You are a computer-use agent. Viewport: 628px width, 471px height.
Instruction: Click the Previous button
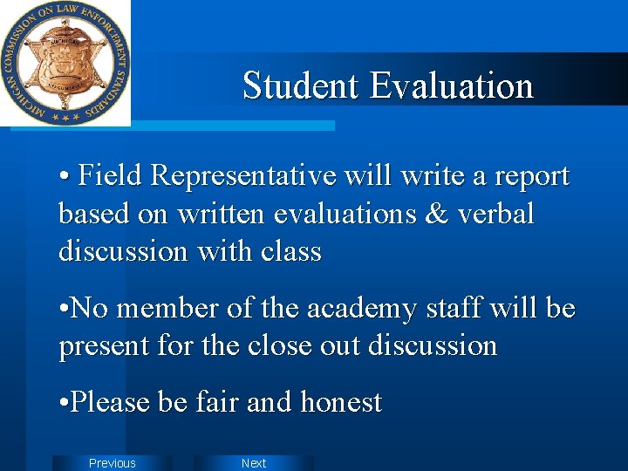[113, 463]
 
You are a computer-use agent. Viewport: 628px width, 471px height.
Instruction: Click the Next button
[254, 463]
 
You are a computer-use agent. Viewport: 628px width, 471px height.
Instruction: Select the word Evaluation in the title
[451, 85]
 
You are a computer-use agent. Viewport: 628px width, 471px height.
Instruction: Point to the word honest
[341, 402]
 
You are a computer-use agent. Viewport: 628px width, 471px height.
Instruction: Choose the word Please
[111, 402]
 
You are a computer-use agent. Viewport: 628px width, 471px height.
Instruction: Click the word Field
[111, 176]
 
